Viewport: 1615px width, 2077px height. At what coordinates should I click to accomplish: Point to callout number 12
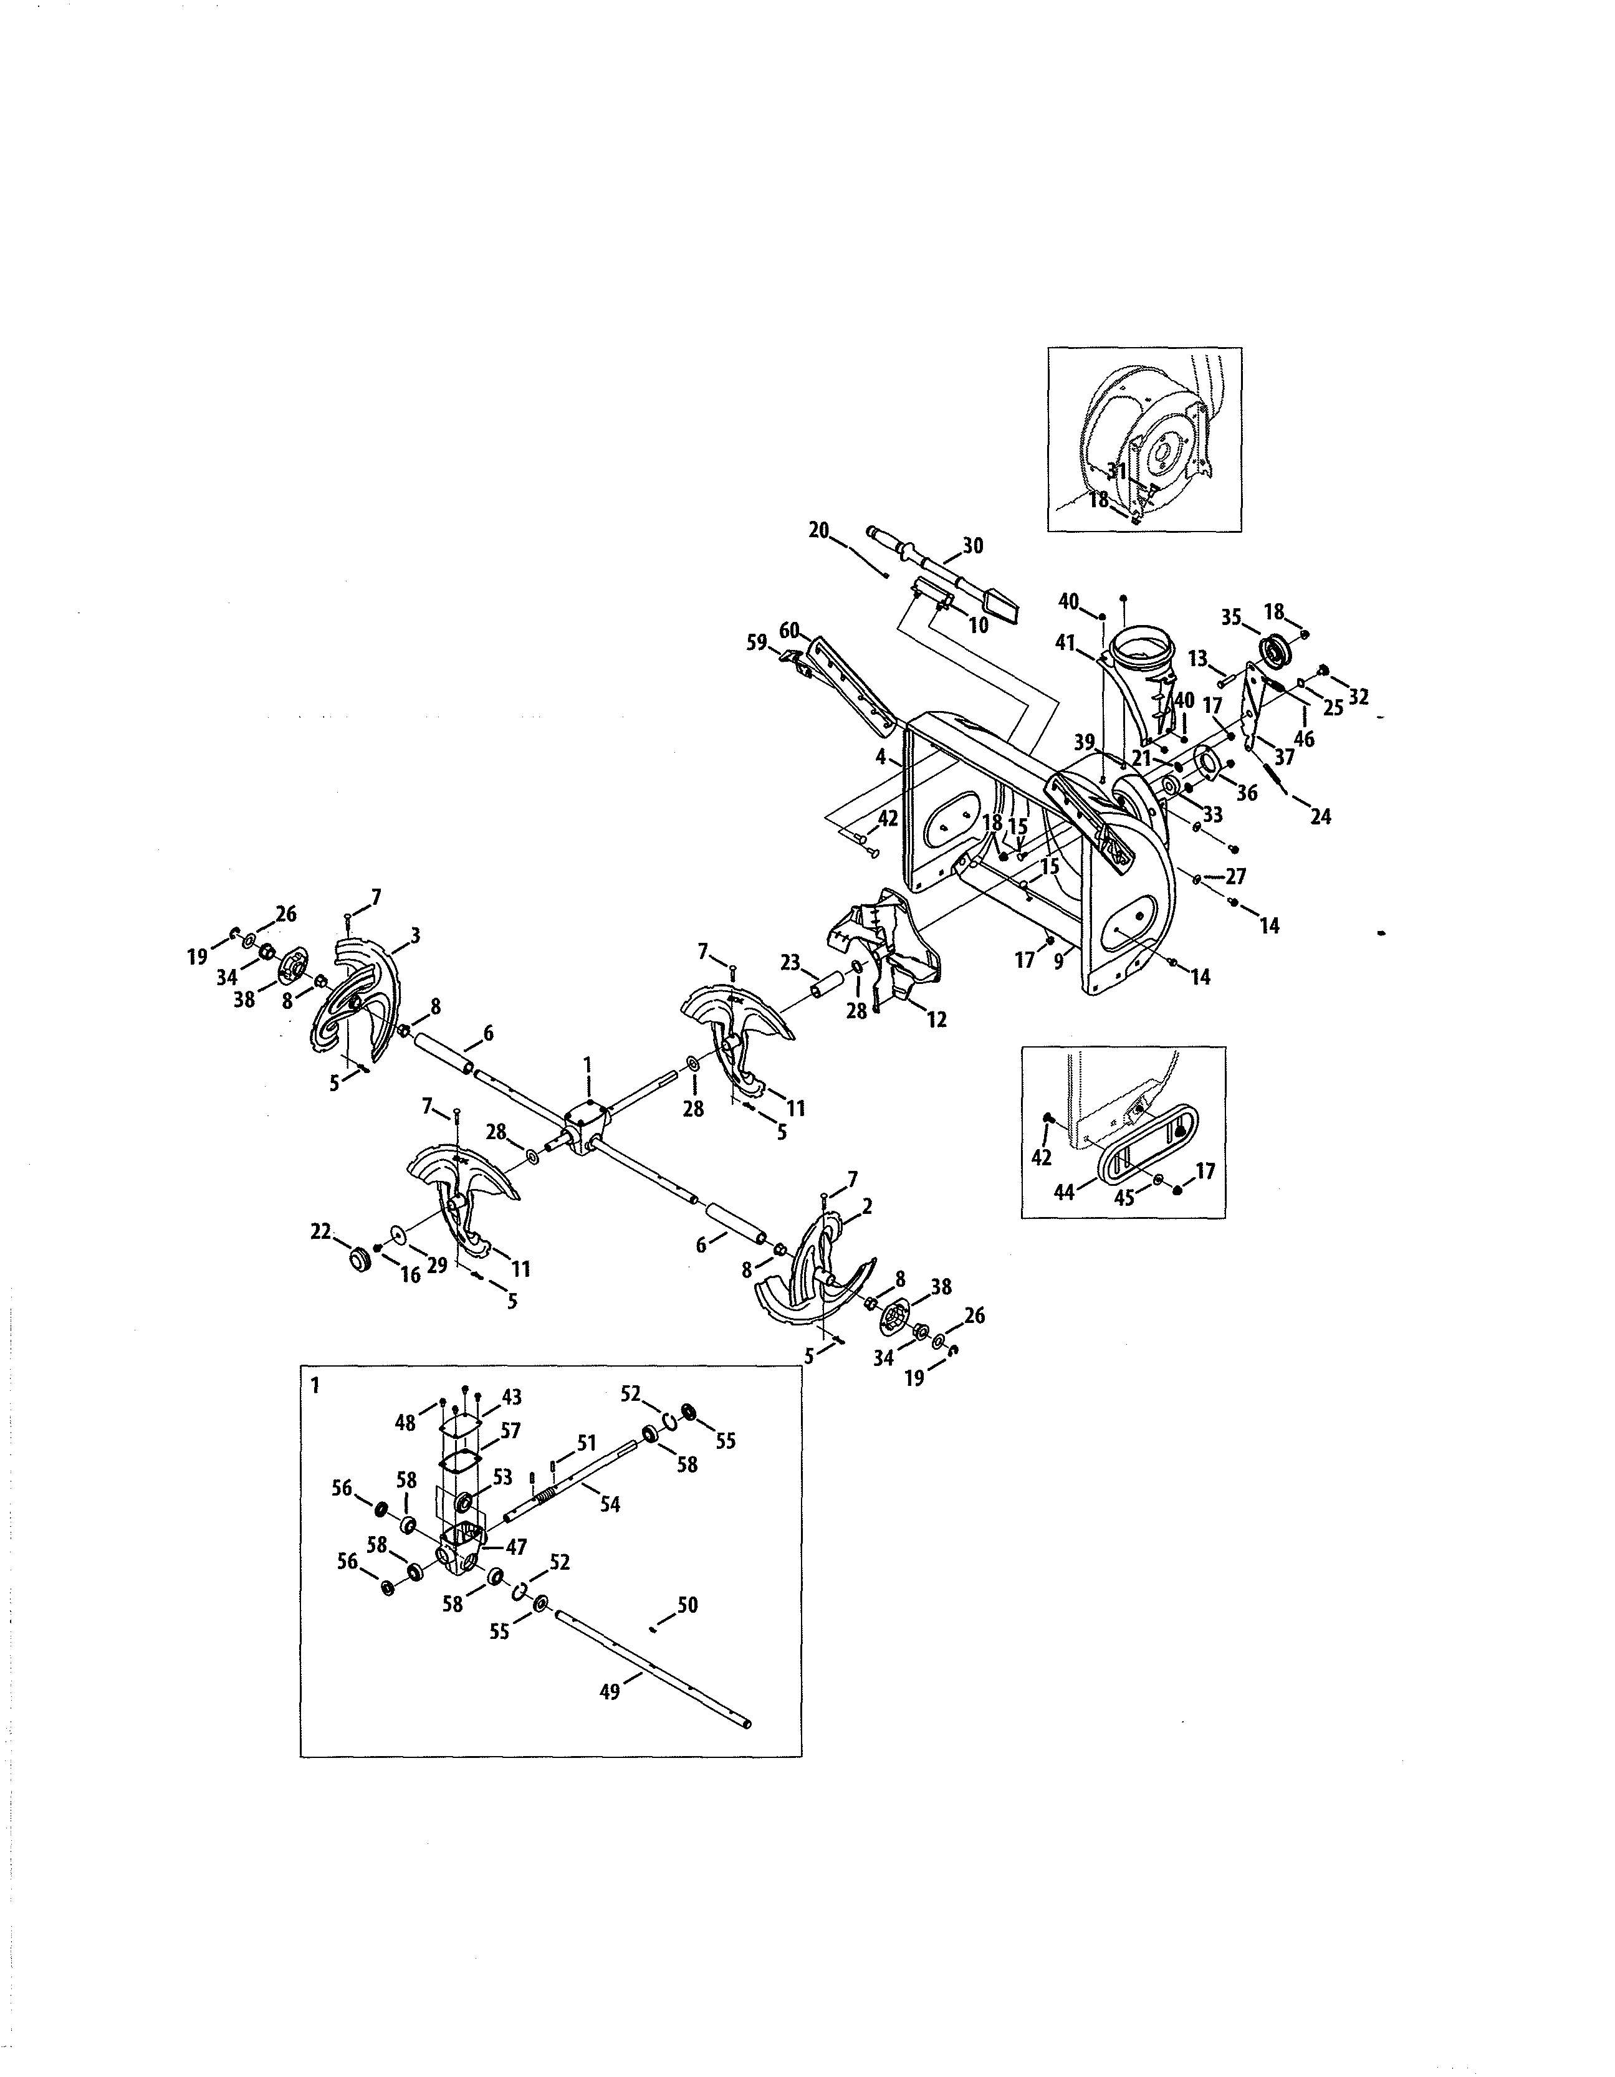point(937,1019)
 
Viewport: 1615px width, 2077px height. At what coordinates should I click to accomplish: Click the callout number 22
point(320,1231)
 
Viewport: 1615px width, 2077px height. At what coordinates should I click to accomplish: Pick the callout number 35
point(1231,616)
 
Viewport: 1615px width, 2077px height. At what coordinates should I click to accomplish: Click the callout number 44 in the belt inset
point(1064,1191)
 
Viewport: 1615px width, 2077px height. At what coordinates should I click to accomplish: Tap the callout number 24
point(1320,816)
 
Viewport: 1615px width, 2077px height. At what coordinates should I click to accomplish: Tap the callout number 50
point(688,1605)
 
